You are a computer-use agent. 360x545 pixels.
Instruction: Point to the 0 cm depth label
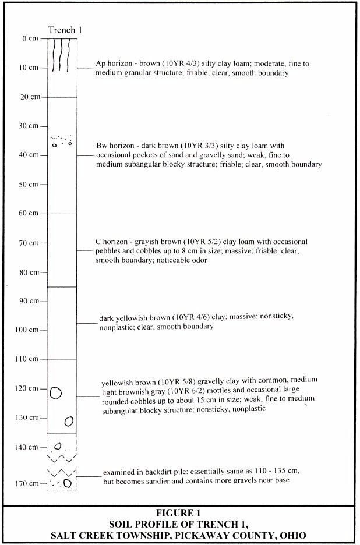point(29,38)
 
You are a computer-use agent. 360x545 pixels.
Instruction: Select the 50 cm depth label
point(27,185)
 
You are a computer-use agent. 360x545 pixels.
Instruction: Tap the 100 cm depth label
point(26,330)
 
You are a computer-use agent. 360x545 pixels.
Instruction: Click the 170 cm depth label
point(26,484)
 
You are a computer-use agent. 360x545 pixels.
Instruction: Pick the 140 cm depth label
point(26,447)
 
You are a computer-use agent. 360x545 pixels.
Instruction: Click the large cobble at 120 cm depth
point(56,393)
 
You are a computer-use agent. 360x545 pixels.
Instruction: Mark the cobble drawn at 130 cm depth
point(69,420)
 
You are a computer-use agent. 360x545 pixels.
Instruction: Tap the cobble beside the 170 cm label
point(68,483)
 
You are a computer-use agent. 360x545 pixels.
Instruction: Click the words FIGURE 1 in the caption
point(179,514)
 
